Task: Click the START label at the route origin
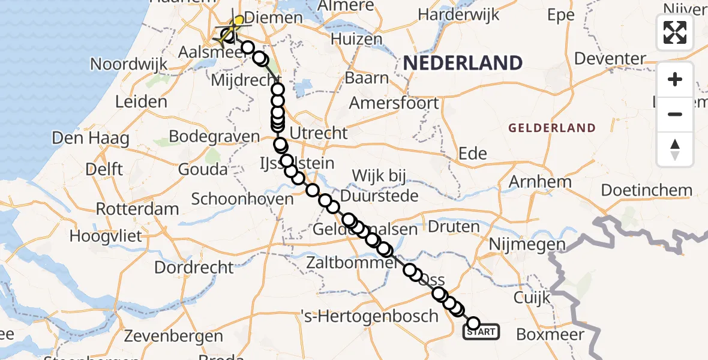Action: [481, 332]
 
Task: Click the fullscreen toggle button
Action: [675, 32]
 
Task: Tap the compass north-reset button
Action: [675, 149]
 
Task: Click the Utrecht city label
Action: [319, 133]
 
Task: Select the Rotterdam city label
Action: [137, 209]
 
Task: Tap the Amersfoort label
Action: [394, 103]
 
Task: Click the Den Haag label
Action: [91, 139]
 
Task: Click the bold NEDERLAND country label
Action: [462, 62]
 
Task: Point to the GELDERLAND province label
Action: [552, 128]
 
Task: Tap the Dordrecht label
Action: [194, 267]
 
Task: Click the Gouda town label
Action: [203, 169]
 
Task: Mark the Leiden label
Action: [141, 101]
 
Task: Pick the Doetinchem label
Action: [646, 191]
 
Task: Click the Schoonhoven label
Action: [239, 199]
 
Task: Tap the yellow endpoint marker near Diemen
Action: [239, 21]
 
